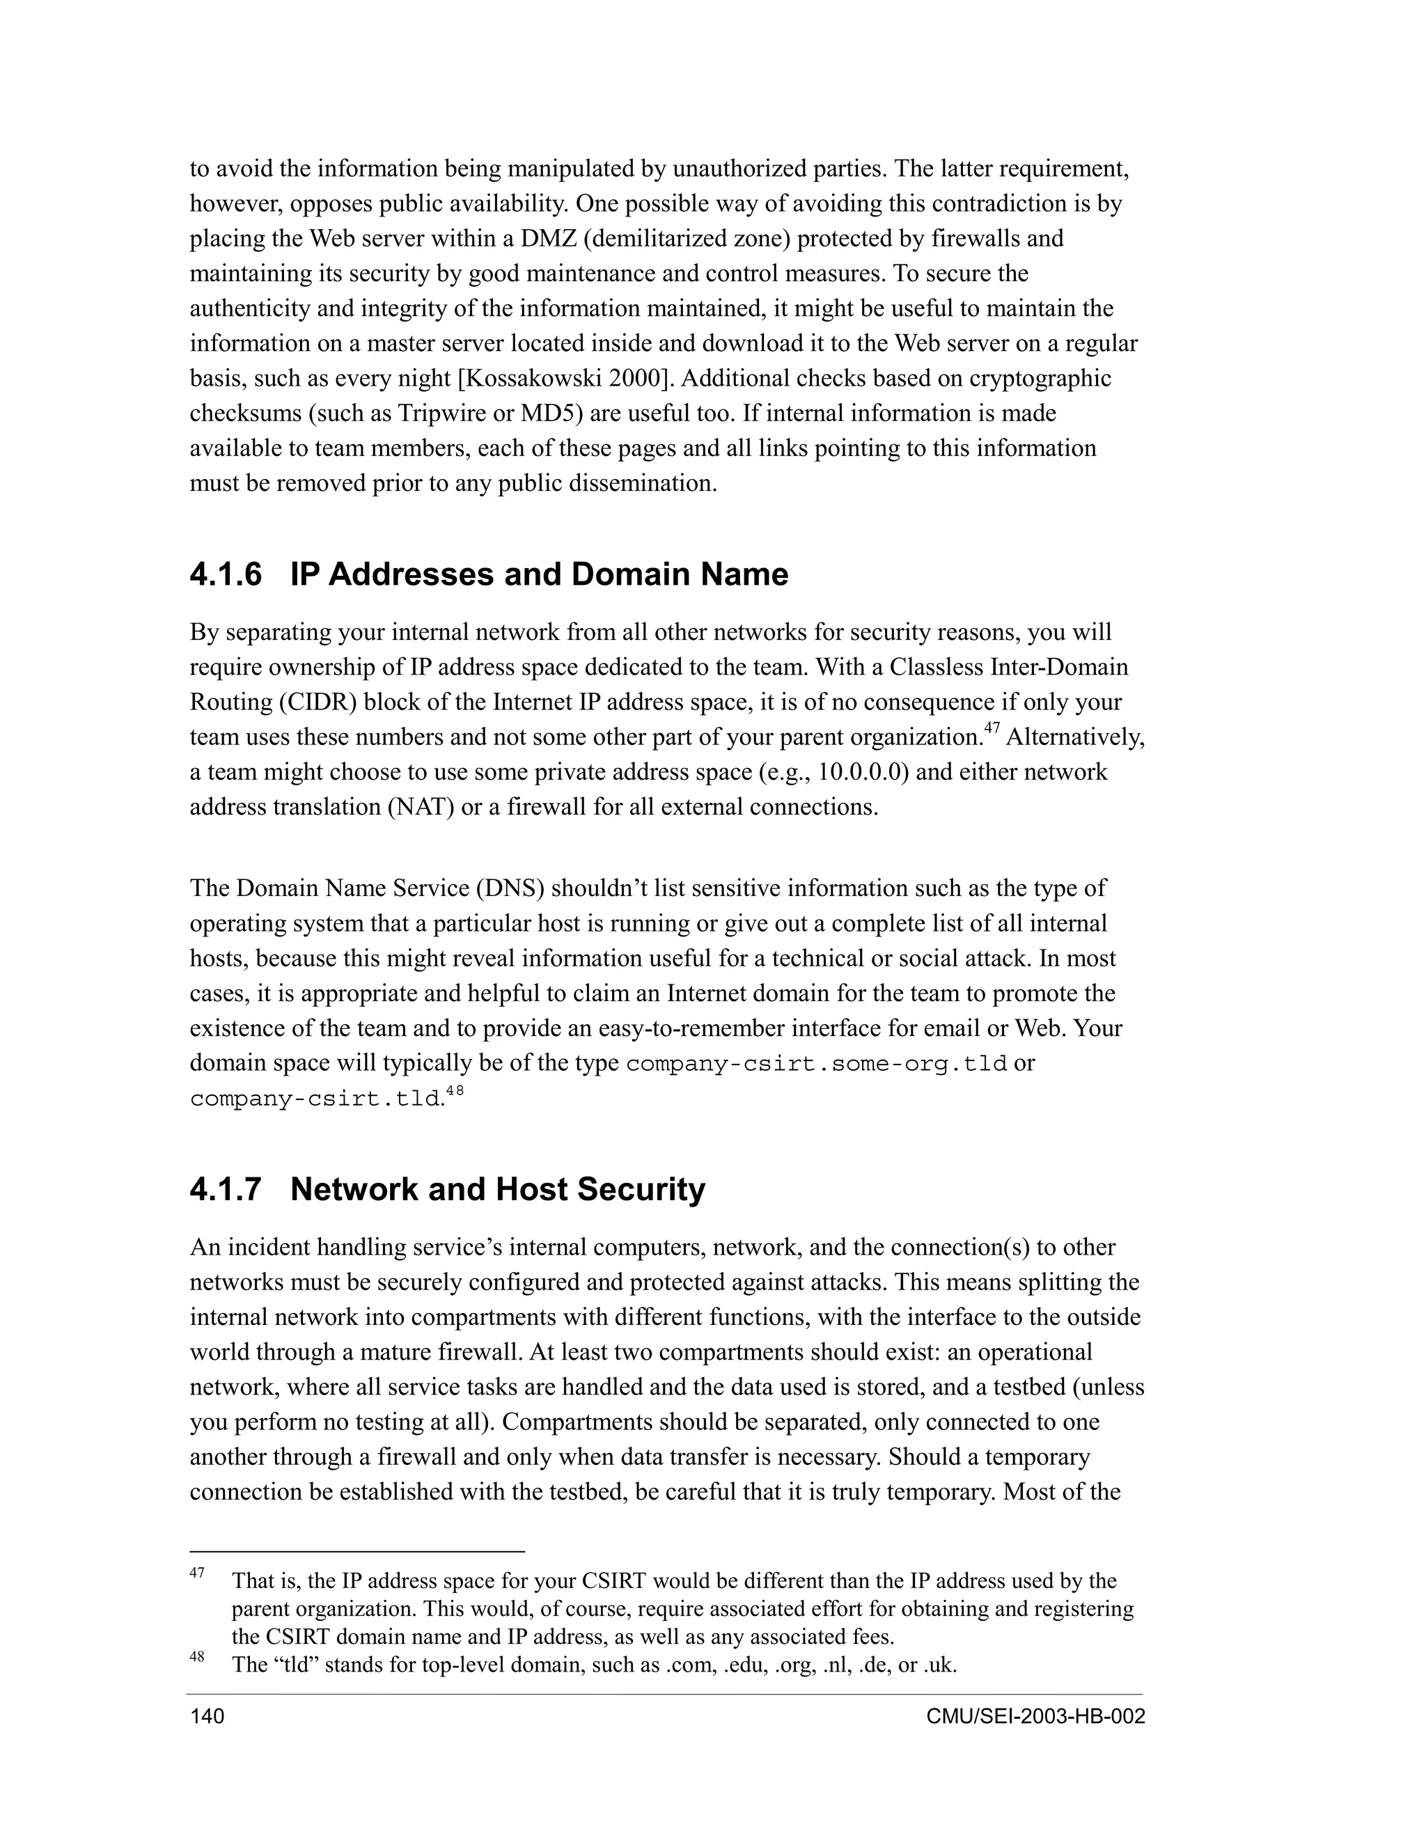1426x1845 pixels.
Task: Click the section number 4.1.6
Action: pos(226,575)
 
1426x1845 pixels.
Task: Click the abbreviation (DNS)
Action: pos(510,888)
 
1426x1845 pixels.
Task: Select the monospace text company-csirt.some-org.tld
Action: pos(816,1065)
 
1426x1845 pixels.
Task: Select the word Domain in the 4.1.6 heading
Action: pos(629,575)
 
